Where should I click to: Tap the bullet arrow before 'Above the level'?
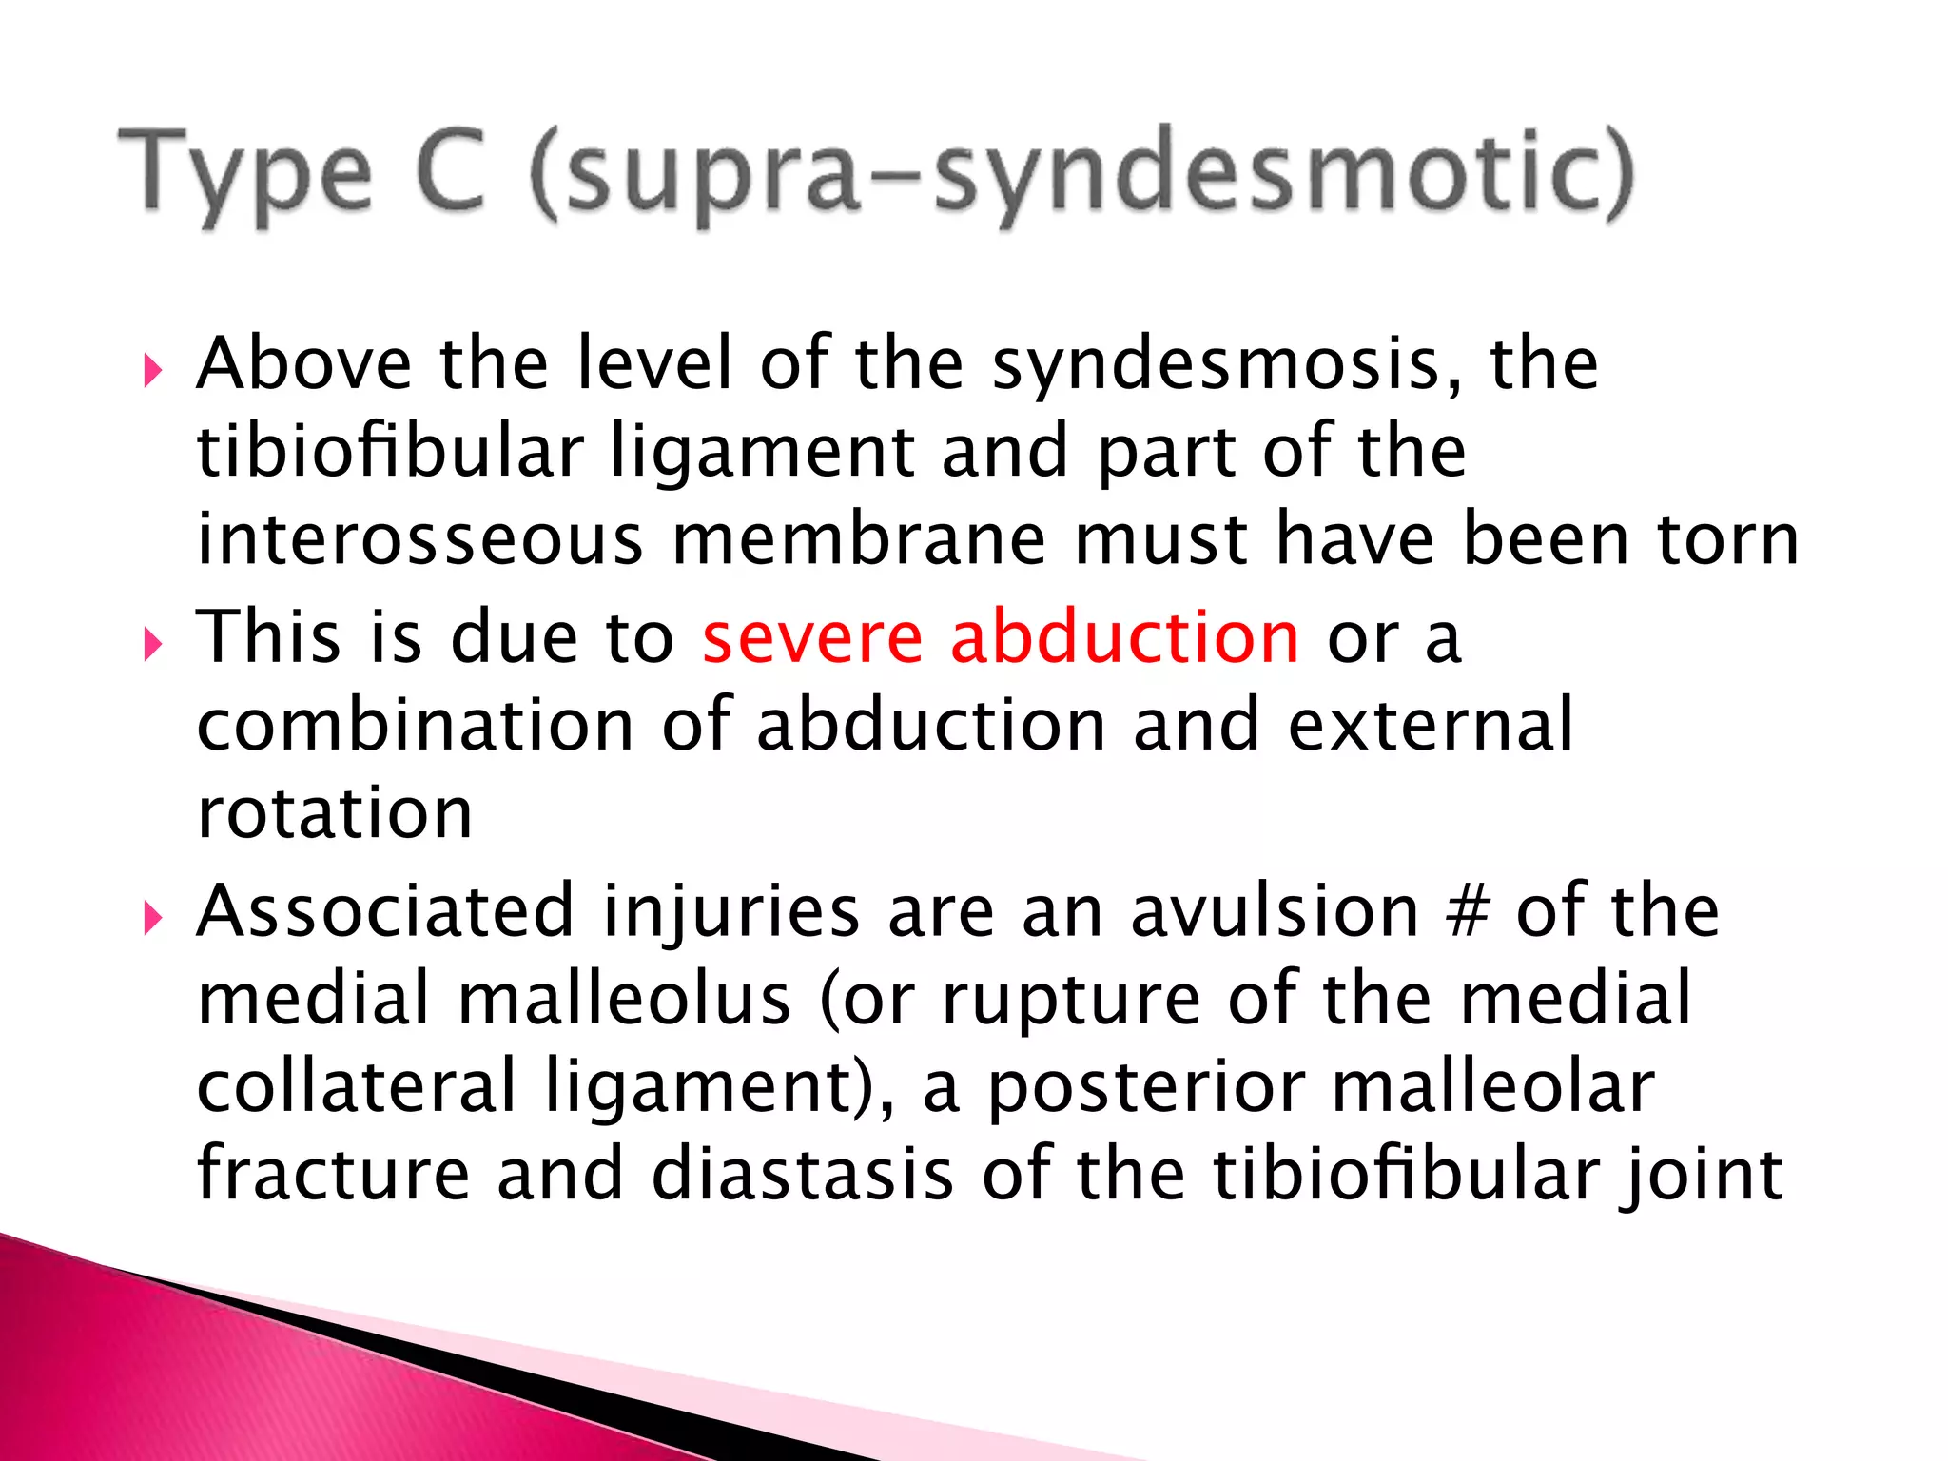152,370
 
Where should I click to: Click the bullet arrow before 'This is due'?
152,644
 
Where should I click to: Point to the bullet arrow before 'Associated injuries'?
152,918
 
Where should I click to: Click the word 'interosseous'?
419,539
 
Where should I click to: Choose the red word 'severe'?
812,637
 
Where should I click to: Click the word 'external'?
1430,725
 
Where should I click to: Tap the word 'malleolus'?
624,999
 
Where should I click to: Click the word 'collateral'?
357,1086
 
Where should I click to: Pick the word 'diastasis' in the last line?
802,1174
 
